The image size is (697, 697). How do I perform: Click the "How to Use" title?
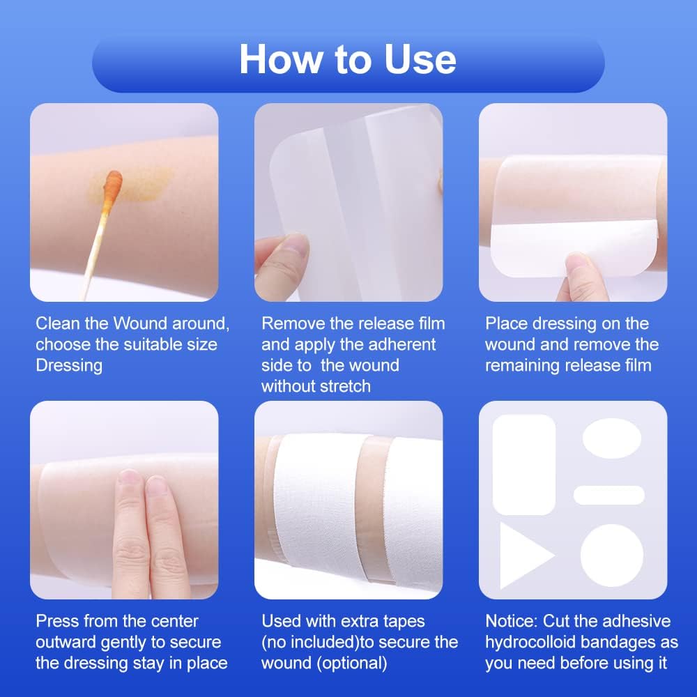[348, 60]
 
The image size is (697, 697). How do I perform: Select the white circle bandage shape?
[611, 555]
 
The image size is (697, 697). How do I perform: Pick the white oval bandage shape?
[611, 438]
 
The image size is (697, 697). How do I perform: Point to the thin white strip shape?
[608, 495]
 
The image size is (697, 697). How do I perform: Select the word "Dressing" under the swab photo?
[69, 365]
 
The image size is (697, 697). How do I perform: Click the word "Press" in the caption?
[58, 621]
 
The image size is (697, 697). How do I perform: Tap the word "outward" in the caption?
[70, 642]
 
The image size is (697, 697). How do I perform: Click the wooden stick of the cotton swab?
[93, 258]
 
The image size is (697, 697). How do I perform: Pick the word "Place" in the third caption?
[507, 323]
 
